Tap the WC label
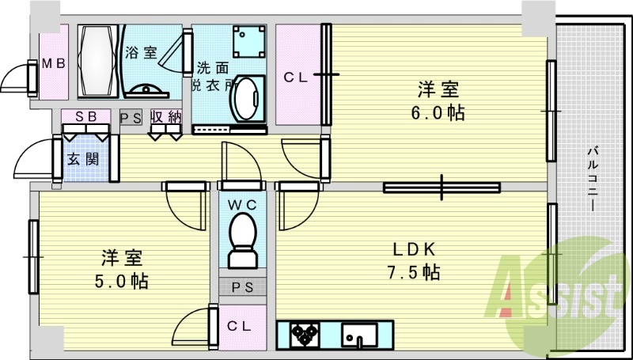243,204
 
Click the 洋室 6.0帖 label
437,100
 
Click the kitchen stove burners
304,335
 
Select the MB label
53,63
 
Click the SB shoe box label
86,116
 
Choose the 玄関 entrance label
82,158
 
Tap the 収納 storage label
168,116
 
